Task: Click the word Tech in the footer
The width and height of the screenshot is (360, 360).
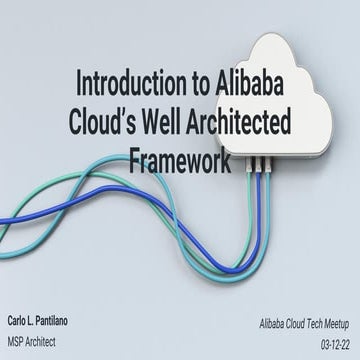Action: point(294,298)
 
